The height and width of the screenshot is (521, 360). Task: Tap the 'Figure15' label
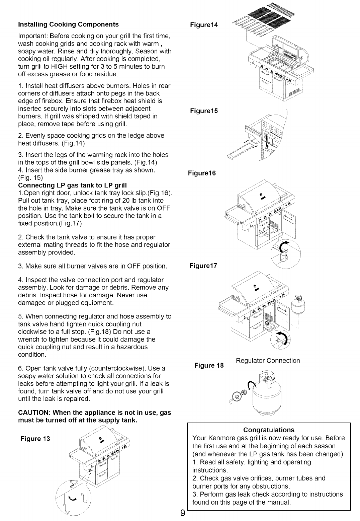204,111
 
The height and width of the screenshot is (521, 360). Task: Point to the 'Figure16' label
202,173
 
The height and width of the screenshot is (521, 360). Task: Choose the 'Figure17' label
203,266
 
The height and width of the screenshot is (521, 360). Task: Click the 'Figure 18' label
209,365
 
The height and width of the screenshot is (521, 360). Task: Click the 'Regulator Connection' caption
268,361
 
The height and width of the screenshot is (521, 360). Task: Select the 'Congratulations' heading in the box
269,430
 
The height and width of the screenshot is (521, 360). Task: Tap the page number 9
182,512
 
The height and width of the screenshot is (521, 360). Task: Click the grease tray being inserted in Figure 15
238,152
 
